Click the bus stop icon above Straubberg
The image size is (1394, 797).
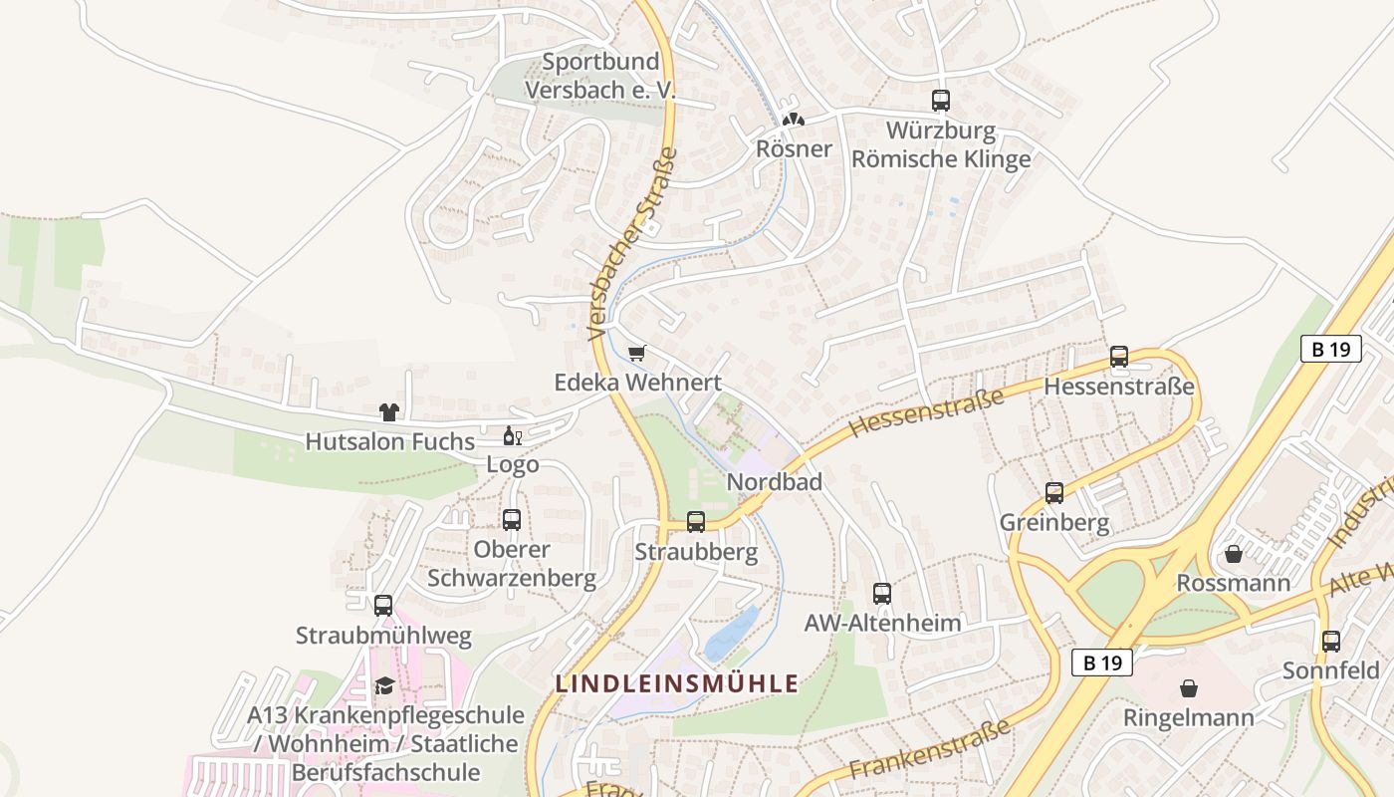(696, 521)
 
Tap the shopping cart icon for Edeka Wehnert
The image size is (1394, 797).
(637, 353)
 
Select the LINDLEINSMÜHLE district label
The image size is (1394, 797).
(677, 683)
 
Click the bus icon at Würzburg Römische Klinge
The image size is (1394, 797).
(941, 101)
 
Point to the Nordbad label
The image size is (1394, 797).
(775, 482)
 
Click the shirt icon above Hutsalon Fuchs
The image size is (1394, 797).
(388, 412)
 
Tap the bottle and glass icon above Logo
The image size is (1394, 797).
(513, 435)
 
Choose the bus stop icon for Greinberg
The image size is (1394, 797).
(1054, 493)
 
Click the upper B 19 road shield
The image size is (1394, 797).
(1330, 349)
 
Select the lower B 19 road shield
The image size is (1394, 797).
(1102, 663)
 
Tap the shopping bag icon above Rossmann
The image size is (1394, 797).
(1234, 554)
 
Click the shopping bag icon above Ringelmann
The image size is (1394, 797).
(1189, 688)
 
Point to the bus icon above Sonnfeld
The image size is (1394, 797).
(1331, 642)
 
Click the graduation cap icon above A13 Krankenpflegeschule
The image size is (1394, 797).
(384, 685)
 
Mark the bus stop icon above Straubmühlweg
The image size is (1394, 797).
(383, 606)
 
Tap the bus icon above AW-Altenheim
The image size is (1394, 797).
(882, 594)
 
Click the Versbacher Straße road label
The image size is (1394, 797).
(633, 244)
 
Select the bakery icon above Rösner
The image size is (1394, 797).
(793, 120)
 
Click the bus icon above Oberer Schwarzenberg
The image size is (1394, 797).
(512, 520)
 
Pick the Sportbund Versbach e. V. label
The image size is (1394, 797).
(600, 76)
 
